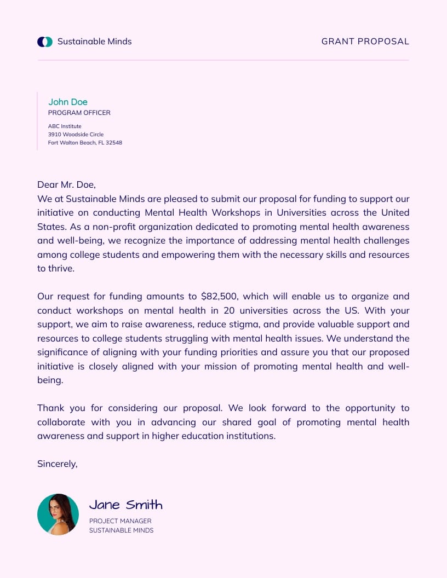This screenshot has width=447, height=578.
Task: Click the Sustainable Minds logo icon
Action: (x=45, y=42)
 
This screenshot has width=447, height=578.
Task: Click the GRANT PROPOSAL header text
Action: (x=365, y=42)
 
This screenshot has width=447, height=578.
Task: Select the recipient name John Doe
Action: (x=68, y=102)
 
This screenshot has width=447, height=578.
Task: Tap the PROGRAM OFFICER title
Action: (x=79, y=113)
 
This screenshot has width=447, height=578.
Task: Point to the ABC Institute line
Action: (x=65, y=126)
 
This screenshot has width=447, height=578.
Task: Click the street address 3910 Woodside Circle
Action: (x=76, y=134)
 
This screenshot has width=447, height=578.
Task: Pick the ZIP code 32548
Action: (x=114, y=142)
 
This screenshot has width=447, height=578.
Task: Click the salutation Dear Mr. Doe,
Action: (x=66, y=185)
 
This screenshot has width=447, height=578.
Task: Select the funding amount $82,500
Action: (x=219, y=297)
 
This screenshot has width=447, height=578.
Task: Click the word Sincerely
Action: (x=57, y=464)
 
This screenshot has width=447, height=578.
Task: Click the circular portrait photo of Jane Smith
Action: (x=58, y=515)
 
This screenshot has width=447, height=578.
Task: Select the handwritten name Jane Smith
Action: (x=126, y=505)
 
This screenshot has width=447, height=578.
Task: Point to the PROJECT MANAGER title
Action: (x=120, y=521)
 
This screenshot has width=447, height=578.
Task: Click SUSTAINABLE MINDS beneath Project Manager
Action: (x=121, y=530)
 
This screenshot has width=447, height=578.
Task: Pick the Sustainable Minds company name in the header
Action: (x=94, y=42)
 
